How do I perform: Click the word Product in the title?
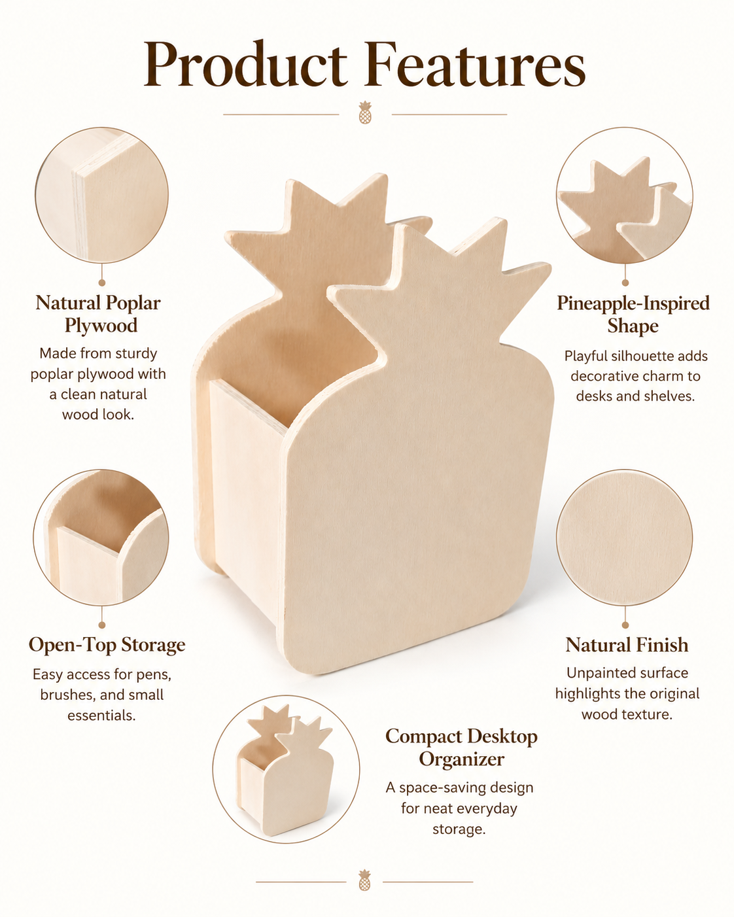click(246, 64)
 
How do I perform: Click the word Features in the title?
click(475, 64)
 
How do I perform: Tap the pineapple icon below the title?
click(365, 112)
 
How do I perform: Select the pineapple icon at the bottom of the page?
click(364, 880)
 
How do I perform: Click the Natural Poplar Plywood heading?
click(99, 314)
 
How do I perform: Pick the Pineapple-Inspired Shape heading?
click(633, 315)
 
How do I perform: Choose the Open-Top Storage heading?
click(107, 645)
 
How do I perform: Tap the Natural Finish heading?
click(627, 645)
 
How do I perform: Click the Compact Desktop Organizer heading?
click(461, 748)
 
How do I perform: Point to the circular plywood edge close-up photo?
click(101, 195)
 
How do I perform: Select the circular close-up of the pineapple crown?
click(625, 195)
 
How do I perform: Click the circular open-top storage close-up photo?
click(101, 538)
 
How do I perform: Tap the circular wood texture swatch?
click(625, 538)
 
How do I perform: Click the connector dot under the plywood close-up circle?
click(101, 283)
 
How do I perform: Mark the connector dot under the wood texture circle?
click(625, 625)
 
